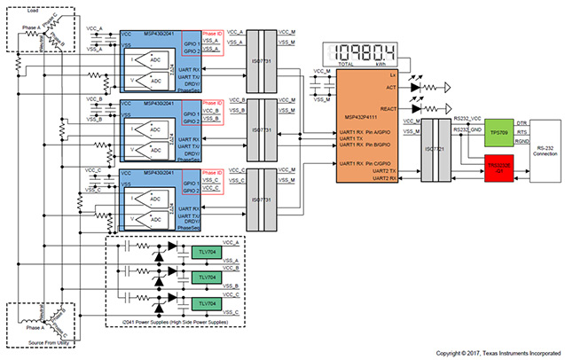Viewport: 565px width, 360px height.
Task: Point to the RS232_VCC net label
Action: point(465,118)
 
